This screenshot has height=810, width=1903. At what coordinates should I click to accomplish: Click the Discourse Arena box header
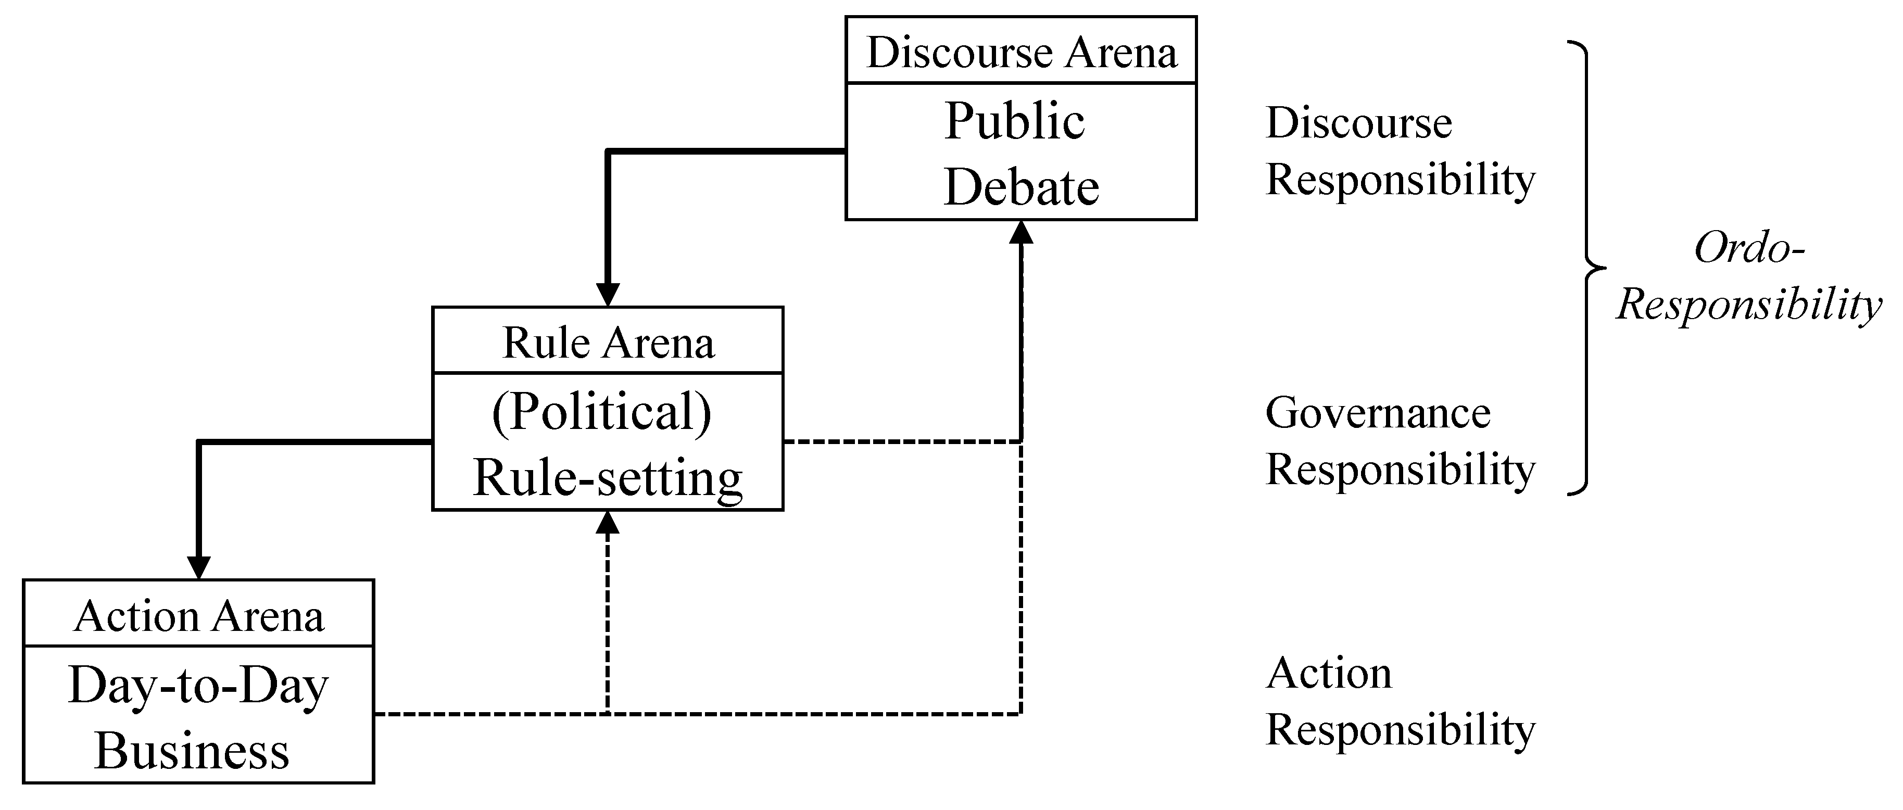point(1021,52)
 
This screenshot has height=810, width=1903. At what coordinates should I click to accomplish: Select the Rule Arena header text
point(608,343)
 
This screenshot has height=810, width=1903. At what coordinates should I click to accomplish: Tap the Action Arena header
point(199,616)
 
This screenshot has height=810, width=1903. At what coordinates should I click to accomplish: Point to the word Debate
point(1021,186)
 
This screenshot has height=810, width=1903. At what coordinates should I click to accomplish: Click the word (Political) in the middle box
point(601,411)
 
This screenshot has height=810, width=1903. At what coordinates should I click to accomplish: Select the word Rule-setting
point(607,477)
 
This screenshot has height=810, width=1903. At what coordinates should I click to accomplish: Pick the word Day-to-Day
point(198,685)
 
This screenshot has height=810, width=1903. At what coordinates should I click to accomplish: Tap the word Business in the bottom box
point(192,751)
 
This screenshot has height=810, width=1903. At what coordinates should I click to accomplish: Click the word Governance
point(1378,412)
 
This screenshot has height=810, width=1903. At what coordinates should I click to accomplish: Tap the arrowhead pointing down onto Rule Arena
point(607,295)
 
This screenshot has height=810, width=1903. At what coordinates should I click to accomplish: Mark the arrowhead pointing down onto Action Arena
point(199,568)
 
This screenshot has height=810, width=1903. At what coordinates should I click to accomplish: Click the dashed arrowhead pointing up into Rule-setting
point(607,523)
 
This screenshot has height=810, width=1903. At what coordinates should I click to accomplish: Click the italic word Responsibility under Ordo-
point(1748,304)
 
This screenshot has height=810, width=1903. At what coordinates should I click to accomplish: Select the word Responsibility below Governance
point(1400,469)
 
